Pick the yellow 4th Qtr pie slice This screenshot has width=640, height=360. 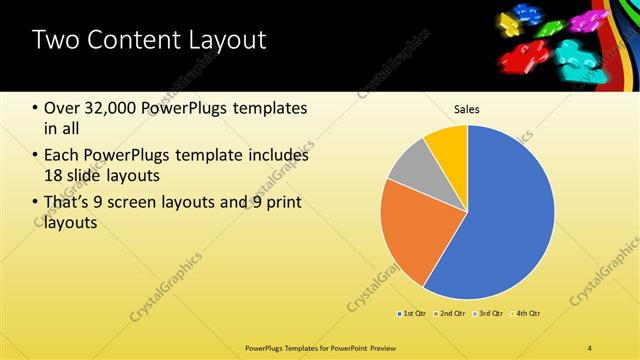pos(448,146)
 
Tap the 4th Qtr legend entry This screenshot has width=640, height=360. pos(527,314)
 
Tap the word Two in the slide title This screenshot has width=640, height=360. pos(54,40)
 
